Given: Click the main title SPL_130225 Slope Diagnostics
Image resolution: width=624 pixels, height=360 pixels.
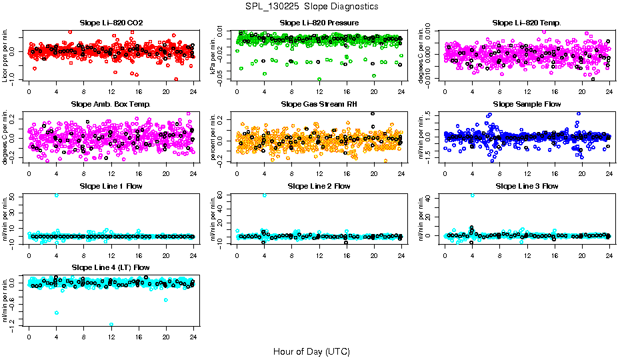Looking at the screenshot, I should point(312,6).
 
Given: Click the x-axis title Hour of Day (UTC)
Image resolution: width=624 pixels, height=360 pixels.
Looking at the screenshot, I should point(311,351).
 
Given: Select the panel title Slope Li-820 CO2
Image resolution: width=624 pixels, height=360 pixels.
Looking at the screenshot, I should point(111,23).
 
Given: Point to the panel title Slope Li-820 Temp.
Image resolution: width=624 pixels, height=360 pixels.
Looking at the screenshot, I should point(527,23).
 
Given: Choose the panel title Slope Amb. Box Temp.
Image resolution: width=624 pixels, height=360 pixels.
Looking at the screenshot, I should point(111,105).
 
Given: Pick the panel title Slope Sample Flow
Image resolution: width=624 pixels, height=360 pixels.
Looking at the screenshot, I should point(527,105).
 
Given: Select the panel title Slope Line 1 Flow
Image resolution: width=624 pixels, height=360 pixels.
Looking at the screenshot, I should point(111,186).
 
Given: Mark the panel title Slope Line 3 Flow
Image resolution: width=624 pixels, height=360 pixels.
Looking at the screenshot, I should point(527,186).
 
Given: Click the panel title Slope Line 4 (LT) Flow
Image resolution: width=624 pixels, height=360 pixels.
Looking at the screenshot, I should point(111,267).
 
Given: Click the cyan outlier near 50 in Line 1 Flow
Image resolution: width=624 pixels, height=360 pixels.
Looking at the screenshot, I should point(56,195).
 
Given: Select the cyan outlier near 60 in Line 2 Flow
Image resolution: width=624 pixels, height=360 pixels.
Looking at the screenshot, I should point(265,195).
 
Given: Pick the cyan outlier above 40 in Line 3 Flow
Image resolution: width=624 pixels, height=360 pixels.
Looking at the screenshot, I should point(473,195).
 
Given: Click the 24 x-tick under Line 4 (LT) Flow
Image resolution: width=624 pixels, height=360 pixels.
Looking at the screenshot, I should point(193,337).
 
